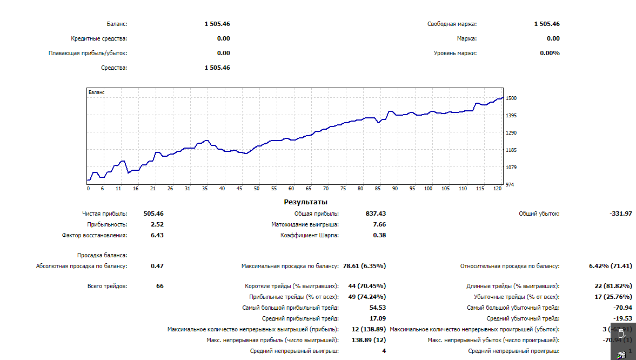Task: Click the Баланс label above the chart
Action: pos(117,24)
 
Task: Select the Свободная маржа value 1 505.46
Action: pos(547,24)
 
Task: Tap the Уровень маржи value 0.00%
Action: pos(550,53)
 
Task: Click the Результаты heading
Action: pos(305,202)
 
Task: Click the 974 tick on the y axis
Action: pos(510,185)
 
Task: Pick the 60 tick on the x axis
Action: pos(291,189)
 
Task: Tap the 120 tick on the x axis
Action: pos(497,189)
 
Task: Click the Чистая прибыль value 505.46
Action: pos(153,214)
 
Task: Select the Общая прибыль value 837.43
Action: pos(376,214)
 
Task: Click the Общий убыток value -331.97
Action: pos(621,214)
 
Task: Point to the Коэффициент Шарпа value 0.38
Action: pos(379,235)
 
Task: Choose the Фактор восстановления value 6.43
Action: pos(157,235)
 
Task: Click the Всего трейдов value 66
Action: pos(160,286)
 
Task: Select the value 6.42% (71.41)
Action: pos(610,266)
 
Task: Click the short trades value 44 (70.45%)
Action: pos(366,286)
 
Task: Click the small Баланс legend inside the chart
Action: pos(97,92)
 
